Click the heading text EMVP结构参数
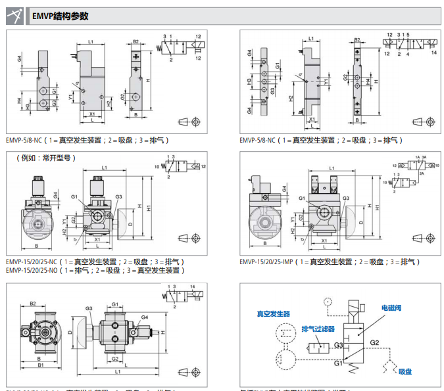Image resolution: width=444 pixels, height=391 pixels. point(60,16)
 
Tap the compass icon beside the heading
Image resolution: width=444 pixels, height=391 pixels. point(16,16)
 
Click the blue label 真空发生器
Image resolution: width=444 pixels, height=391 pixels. point(273,314)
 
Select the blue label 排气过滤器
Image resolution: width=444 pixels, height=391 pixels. point(318,329)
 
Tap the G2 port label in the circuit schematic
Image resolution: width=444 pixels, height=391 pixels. point(374,342)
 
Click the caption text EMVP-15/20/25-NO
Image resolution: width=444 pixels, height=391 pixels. point(32,270)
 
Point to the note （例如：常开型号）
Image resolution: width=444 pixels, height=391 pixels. point(46,158)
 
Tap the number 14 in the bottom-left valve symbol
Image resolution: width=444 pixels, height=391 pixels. point(193,288)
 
